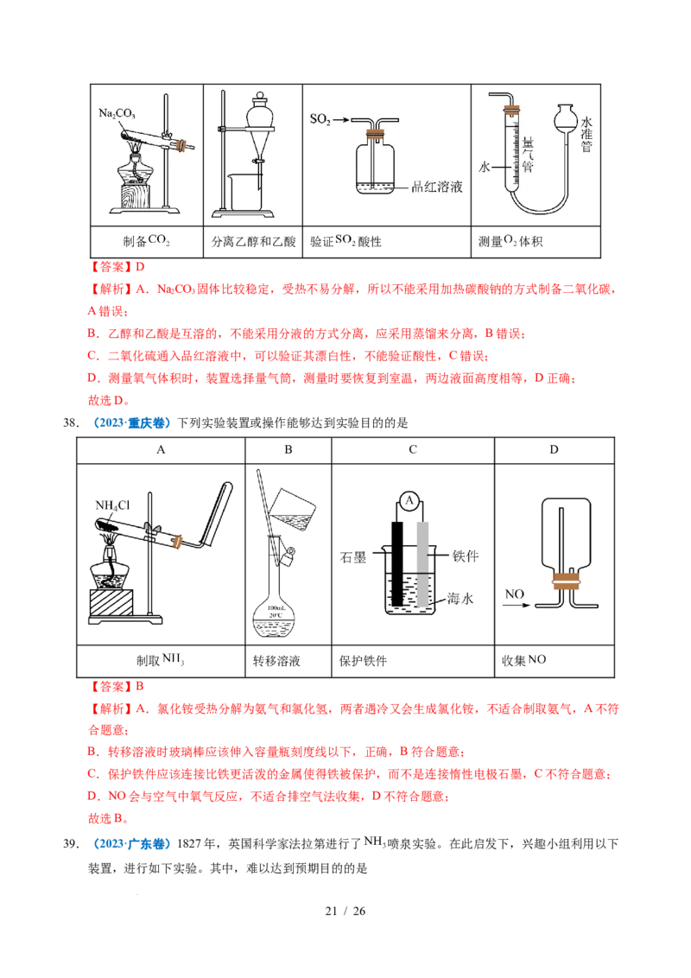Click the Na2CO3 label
pyautogui.click(x=117, y=113)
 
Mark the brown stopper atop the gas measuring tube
pyautogui.click(x=511, y=109)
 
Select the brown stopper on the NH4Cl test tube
pyautogui.click(x=179, y=542)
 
